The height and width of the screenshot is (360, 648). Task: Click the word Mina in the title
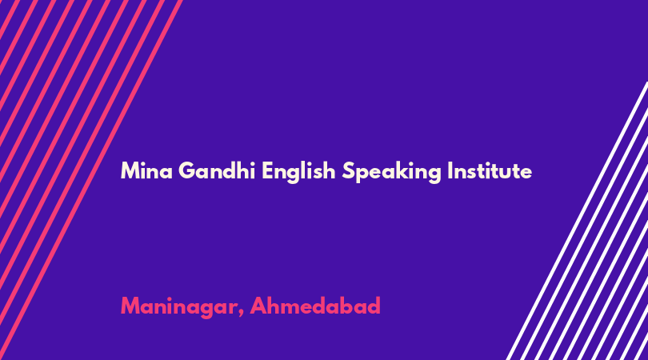[146, 170]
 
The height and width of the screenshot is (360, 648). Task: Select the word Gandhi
[217, 170]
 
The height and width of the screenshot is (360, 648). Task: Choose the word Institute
[490, 170]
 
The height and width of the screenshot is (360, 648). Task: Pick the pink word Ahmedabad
[315, 306]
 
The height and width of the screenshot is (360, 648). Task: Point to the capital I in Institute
[450, 170]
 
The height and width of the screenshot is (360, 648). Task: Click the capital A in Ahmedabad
[258, 306]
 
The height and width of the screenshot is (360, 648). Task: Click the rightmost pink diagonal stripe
[90, 180]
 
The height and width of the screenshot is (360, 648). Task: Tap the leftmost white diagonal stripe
[577, 221]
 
